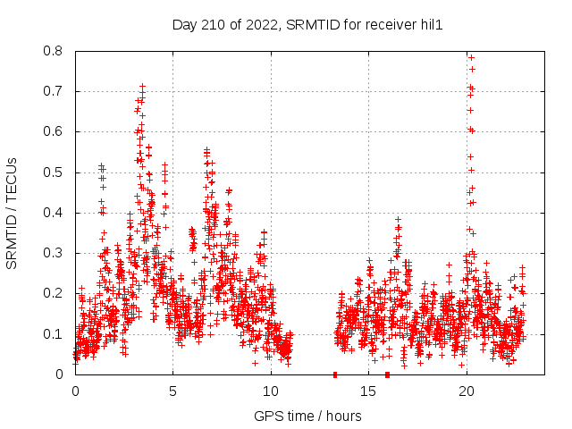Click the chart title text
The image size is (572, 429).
(x=307, y=25)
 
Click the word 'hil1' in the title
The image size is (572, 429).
(x=431, y=25)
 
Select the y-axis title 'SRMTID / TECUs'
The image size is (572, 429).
(x=13, y=213)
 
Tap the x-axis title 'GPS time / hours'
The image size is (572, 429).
(x=307, y=416)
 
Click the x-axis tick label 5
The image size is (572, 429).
(x=173, y=391)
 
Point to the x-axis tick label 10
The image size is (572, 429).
(x=271, y=391)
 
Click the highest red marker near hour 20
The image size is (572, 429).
(x=471, y=57)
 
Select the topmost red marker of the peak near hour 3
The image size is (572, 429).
(x=142, y=87)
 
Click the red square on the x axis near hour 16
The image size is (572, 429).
(x=387, y=374)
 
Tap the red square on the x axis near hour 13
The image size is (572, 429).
(x=335, y=374)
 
